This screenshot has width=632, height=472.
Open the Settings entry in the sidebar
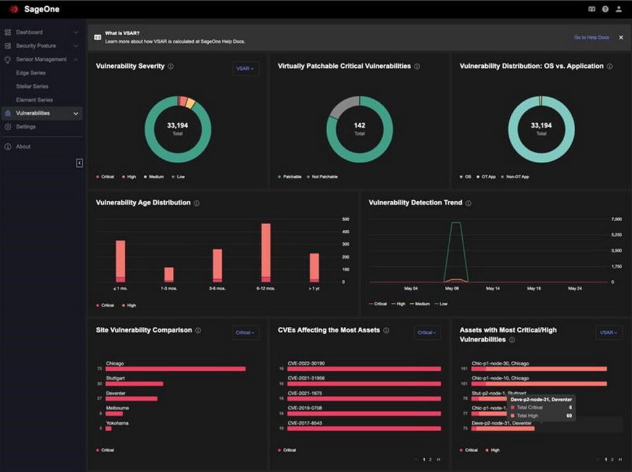click(x=25, y=127)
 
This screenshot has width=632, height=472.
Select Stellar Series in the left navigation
click(x=32, y=86)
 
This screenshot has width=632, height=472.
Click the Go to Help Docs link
click(x=591, y=38)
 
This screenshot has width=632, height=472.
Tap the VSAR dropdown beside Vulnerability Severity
click(x=245, y=69)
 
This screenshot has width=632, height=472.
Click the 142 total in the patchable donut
click(x=359, y=125)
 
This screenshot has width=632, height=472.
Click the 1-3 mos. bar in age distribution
click(x=168, y=274)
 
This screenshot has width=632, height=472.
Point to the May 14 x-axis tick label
click(x=493, y=289)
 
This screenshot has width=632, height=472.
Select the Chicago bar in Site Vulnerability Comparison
click(x=175, y=369)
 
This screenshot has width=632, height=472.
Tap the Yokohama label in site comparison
click(x=117, y=423)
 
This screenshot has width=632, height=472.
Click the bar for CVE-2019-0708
click(x=364, y=413)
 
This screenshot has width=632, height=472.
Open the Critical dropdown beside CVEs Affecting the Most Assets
click(x=426, y=332)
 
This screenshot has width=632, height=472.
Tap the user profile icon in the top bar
click(x=618, y=9)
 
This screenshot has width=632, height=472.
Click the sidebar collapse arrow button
click(x=80, y=162)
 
